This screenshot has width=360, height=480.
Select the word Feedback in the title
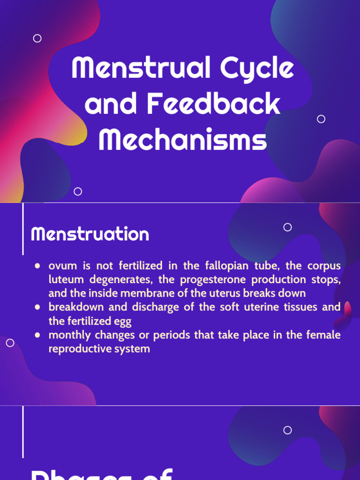214,104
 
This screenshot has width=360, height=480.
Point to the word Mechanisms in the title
182,139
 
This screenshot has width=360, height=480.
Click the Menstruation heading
90,234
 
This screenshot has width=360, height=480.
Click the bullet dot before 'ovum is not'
37,266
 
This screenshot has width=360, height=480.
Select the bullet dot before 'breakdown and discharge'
37,307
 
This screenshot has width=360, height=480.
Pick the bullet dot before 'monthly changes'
37,336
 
